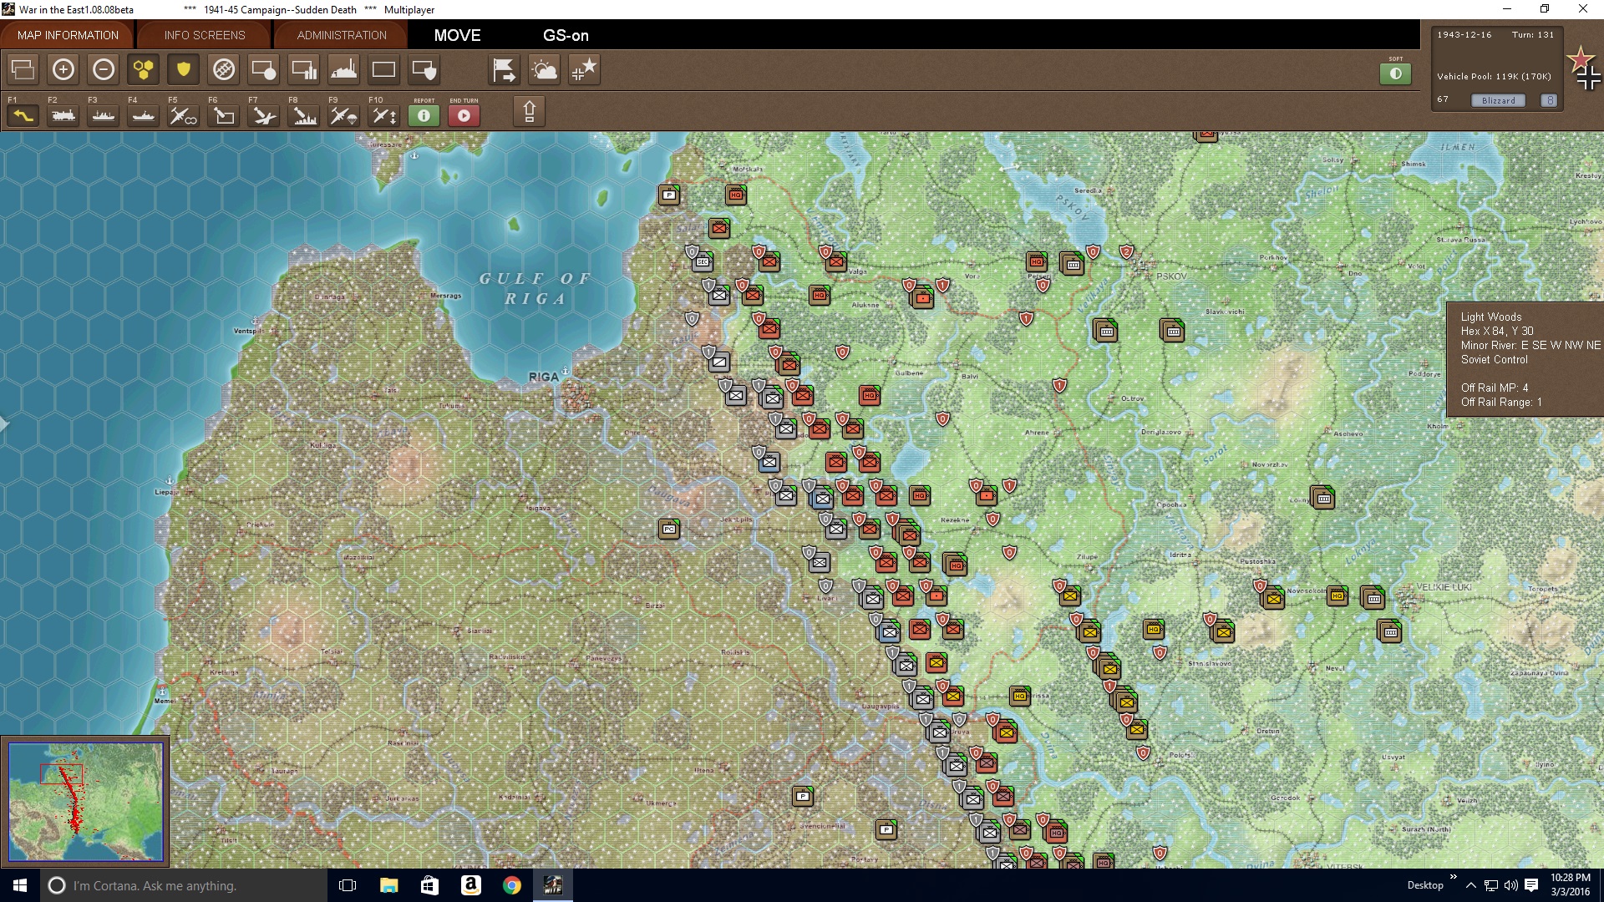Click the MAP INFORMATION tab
point(68,35)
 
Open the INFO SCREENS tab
point(205,35)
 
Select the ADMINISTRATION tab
point(342,35)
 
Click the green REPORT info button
point(424,115)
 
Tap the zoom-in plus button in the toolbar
point(63,69)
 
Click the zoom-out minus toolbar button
point(104,69)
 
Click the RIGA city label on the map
point(543,377)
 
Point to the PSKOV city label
point(1171,276)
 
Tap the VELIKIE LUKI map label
point(1444,587)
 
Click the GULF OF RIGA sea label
point(535,288)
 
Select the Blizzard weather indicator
point(1498,100)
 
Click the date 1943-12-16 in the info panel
point(1464,35)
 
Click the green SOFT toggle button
point(1395,73)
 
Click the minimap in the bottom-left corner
point(85,801)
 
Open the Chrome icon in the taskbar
point(512,885)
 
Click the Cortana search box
point(155,885)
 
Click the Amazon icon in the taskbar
point(471,885)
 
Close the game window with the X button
point(1582,9)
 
